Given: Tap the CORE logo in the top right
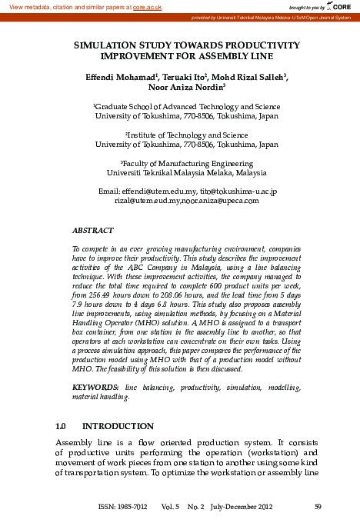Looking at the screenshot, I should [x=342, y=6].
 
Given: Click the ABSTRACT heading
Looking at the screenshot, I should [x=92, y=230].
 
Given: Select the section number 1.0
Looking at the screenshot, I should [x=63, y=425].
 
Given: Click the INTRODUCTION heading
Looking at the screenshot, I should [x=118, y=425].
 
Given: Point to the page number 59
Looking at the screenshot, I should [x=319, y=506].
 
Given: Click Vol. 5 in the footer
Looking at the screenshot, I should [x=171, y=506].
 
